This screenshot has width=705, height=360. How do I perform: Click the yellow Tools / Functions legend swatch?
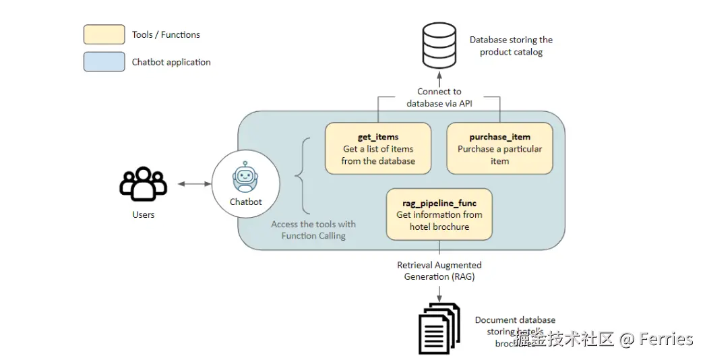pyautogui.click(x=104, y=34)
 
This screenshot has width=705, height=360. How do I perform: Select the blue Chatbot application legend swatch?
pyautogui.click(x=104, y=62)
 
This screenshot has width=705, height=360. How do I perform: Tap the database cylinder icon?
pyautogui.click(x=439, y=45)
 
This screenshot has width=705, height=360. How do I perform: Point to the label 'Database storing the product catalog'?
pyautogui.click(x=511, y=46)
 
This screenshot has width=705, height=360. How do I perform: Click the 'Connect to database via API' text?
pyautogui.click(x=439, y=98)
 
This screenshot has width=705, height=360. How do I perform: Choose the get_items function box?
pyautogui.click(x=378, y=149)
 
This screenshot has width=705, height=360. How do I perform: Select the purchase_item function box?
pyautogui.click(x=499, y=149)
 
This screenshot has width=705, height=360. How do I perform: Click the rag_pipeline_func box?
pyautogui.click(x=439, y=214)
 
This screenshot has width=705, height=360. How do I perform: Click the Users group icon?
pyautogui.click(x=143, y=184)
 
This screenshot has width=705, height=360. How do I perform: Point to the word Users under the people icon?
pyautogui.click(x=143, y=214)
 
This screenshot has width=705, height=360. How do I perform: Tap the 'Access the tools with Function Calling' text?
pyautogui.click(x=313, y=230)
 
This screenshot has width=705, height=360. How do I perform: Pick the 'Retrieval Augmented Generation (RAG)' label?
pyautogui.click(x=439, y=271)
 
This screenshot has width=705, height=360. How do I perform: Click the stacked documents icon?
pyautogui.click(x=439, y=328)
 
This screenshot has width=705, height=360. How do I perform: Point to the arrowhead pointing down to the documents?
pyautogui.click(x=439, y=297)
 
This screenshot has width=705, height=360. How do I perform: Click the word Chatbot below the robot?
pyautogui.click(x=245, y=202)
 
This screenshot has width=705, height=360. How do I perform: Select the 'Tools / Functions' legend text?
pyautogui.click(x=166, y=34)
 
